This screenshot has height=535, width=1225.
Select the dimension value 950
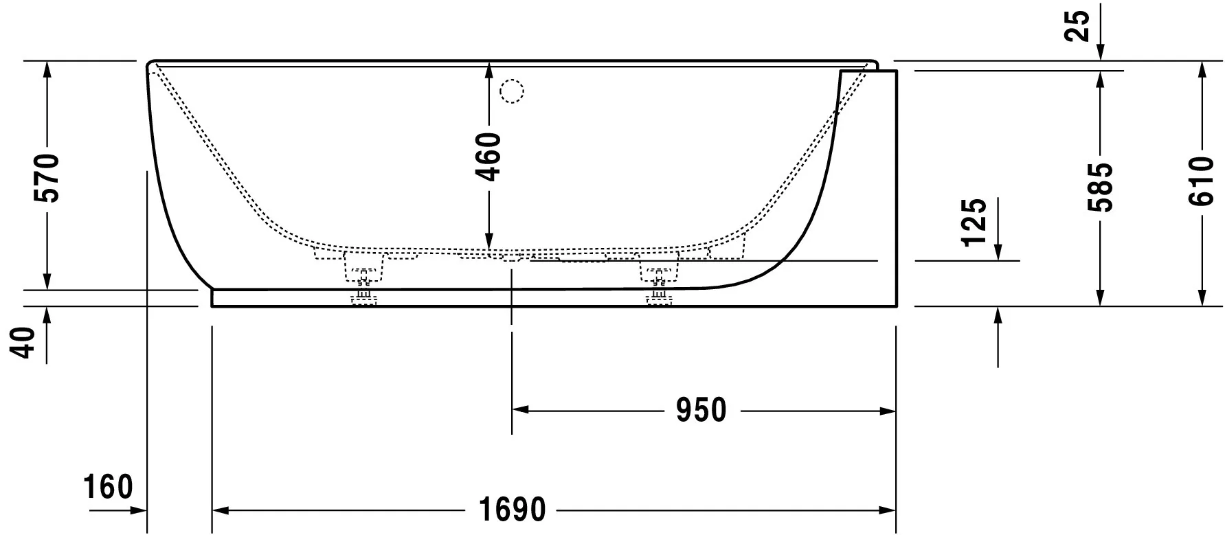[x=700, y=411]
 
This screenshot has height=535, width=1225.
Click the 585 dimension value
[x=1100, y=187]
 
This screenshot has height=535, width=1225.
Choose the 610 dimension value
[x=1202, y=181]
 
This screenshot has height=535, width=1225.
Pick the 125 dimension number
[x=975, y=222]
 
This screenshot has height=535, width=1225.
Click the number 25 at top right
[x=1081, y=27]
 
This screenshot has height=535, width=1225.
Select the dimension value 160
[x=108, y=488]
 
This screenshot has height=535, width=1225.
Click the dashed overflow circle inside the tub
[x=511, y=91]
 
